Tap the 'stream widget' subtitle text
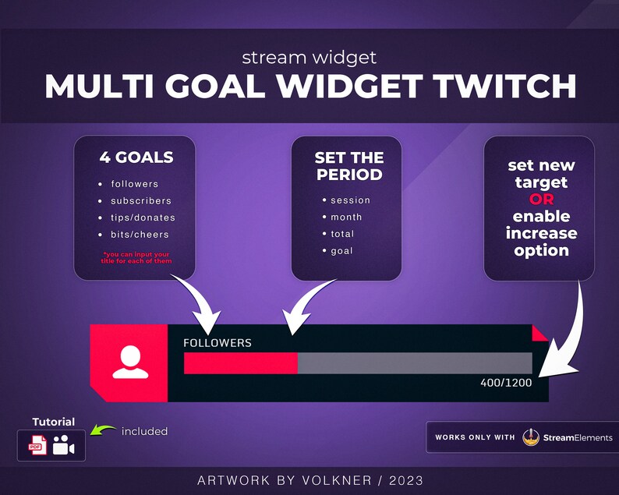(x=309, y=58)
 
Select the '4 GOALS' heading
(x=136, y=157)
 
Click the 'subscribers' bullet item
(x=140, y=201)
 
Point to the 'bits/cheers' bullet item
(x=140, y=235)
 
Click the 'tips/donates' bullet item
(x=143, y=217)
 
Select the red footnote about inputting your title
(x=136, y=259)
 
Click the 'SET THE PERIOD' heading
(x=348, y=166)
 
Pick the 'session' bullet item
(x=350, y=200)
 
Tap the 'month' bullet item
(x=346, y=217)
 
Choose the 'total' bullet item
(x=342, y=234)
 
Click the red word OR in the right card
(x=541, y=199)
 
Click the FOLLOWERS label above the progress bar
(x=218, y=343)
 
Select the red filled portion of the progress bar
(x=240, y=363)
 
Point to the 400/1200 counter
(x=506, y=384)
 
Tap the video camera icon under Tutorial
(x=63, y=446)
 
